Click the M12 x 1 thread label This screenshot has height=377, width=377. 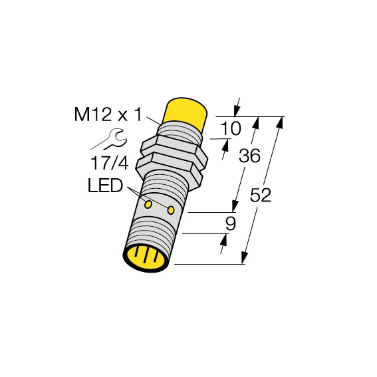point(108,114)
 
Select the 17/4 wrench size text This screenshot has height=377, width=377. point(110,163)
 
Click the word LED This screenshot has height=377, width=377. point(105,186)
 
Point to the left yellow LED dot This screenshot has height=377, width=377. point(148,204)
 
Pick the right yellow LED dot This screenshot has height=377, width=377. point(171,210)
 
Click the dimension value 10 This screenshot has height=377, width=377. point(230,128)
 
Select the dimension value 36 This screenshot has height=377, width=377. point(249,156)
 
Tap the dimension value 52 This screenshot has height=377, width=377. point(261,195)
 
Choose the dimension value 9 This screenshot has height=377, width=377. point(231,224)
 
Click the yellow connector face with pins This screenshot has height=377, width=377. point(146,259)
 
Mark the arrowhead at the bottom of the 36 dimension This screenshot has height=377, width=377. point(235,207)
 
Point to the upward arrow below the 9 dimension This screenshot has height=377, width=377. point(223,243)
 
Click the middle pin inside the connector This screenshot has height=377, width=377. point(146,255)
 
